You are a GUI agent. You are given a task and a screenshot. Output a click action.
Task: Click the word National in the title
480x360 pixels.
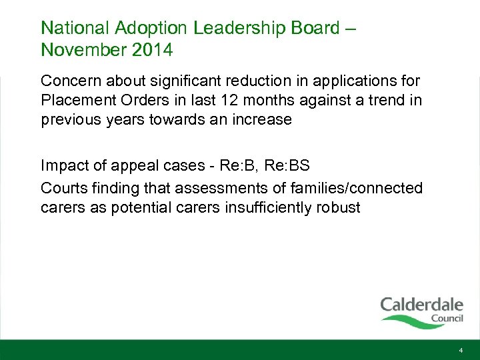click(73, 28)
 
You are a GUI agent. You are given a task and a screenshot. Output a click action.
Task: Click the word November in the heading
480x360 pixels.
click(80, 49)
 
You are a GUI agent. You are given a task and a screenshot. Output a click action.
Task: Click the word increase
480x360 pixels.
click(261, 120)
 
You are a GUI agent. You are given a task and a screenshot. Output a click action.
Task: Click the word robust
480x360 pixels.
click(337, 207)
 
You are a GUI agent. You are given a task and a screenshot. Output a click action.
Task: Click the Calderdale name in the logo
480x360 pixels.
click(421, 305)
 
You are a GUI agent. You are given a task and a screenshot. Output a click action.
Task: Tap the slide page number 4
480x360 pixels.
click(461, 350)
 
